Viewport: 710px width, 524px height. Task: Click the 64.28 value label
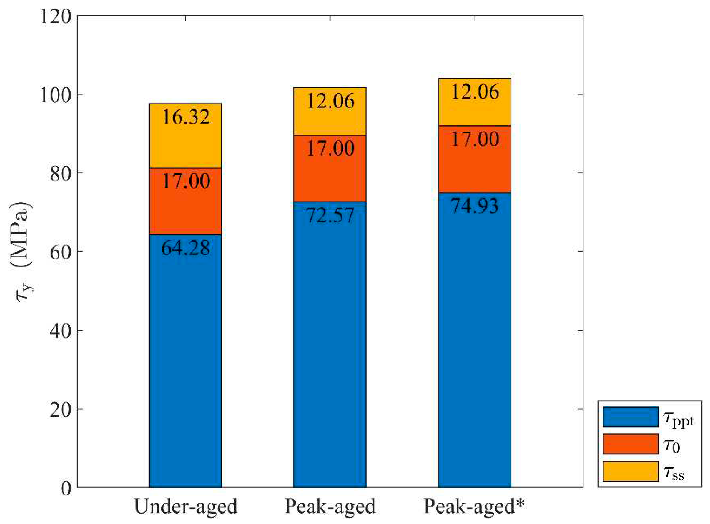click(186, 248)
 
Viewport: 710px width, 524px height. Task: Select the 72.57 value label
click(330, 216)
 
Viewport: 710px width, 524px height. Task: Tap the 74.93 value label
click(475, 206)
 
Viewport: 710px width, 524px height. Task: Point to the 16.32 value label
click(186, 117)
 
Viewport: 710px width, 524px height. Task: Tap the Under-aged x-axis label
click(186, 507)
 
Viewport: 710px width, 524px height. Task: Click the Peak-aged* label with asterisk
click(475, 507)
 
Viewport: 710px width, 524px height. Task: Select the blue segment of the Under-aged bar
click(186, 365)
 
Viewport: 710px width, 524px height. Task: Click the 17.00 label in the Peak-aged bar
click(330, 149)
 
